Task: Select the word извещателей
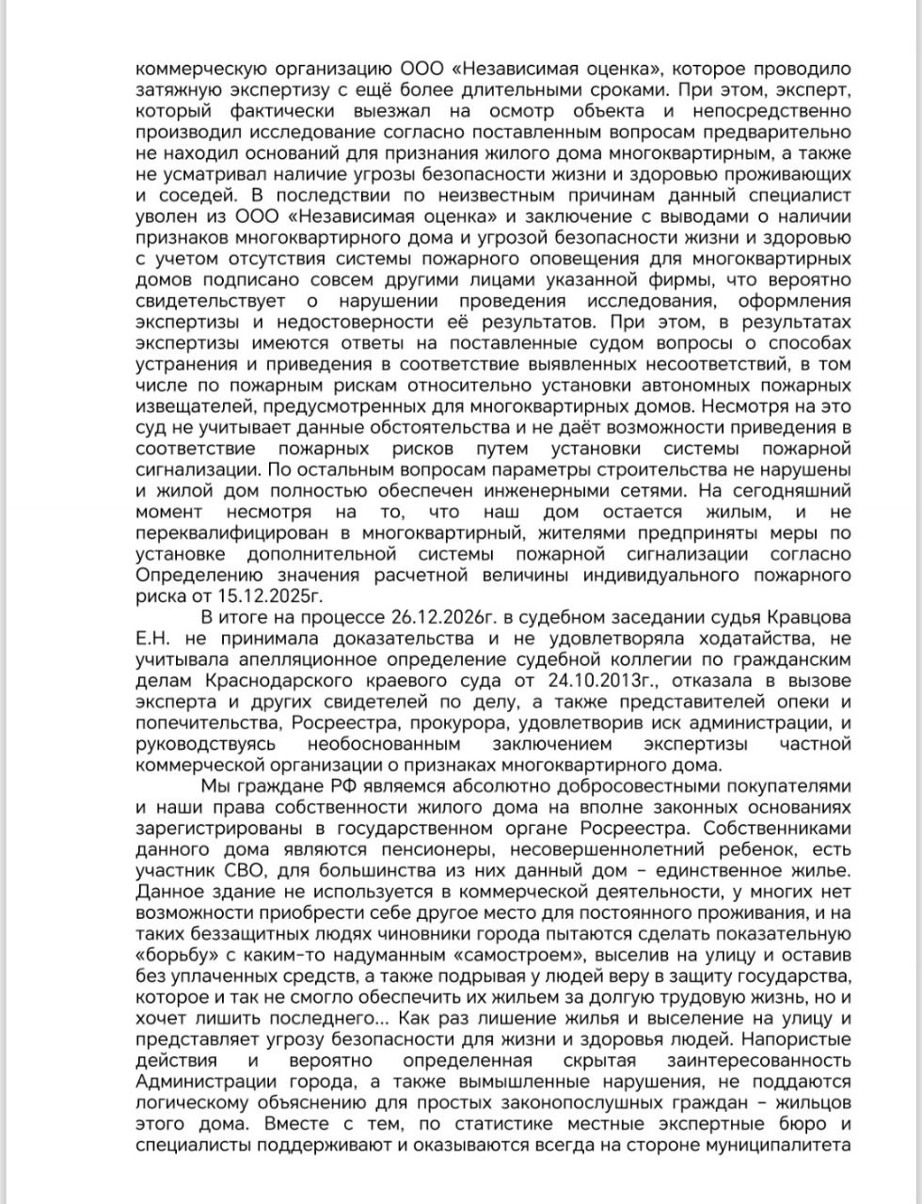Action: (194, 408)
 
